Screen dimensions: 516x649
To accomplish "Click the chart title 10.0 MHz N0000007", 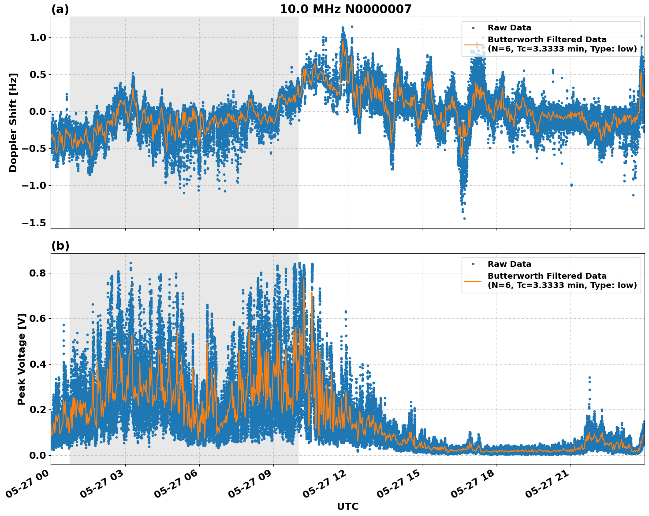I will point(345,9).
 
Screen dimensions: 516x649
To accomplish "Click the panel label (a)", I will point(60,9).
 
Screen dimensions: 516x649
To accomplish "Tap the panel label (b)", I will point(60,246).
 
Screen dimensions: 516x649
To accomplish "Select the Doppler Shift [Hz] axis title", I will point(13,122).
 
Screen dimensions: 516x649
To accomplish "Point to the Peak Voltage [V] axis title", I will point(22,359).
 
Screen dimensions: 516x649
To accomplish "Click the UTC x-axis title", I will point(347,506).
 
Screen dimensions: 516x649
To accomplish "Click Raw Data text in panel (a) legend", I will point(509,28).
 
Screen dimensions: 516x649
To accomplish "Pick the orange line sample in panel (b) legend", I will point(473,281).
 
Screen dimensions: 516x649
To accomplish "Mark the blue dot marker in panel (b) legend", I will point(473,264).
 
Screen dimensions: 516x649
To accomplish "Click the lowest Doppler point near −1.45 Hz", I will point(464,218).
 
